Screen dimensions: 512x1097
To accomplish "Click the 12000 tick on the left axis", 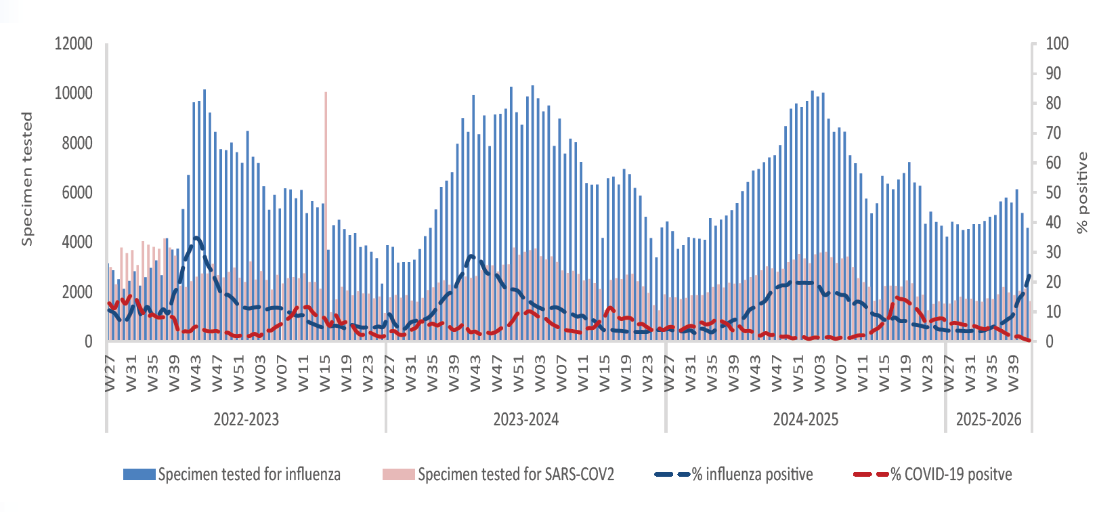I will [74, 44].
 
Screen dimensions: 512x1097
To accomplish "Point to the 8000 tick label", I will [77, 143].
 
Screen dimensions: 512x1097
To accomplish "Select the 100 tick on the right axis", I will [1057, 44].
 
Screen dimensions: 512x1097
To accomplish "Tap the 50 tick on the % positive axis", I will [1054, 193].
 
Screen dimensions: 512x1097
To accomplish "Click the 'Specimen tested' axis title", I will [27, 179].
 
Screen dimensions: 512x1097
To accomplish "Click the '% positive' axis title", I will [1082, 193].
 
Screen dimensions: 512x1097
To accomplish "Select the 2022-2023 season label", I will [246, 419].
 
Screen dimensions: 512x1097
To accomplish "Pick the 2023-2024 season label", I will [526, 419].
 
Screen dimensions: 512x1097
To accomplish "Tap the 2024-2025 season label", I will [806, 419].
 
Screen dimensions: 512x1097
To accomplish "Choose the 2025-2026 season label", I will [989, 419].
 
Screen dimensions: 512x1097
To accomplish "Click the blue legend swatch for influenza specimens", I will [139, 474].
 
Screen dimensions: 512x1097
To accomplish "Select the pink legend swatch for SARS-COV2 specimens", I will [399, 474].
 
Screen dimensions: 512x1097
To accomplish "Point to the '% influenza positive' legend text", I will [752, 474].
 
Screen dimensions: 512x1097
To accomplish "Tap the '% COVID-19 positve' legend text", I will [951, 474].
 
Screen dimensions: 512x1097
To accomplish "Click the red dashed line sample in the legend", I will [871, 474].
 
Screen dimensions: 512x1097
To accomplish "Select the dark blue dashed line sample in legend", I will [672, 474].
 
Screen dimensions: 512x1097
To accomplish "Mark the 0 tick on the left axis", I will [88, 342].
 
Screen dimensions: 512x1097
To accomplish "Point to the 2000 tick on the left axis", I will [77, 293].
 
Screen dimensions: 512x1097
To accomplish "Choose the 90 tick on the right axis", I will [1054, 74].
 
